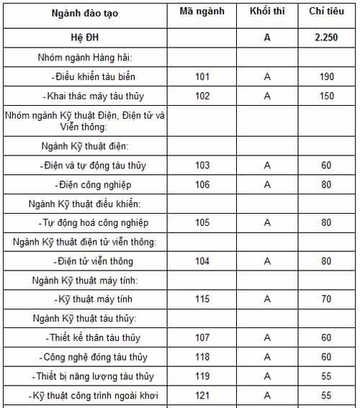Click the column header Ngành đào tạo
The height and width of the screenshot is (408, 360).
(84, 13)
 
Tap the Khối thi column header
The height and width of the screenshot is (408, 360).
(266, 12)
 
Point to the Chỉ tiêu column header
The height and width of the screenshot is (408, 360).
(326, 12)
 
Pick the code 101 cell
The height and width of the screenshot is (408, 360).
(202, 76)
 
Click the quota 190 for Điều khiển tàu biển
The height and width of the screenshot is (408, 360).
(326, 76)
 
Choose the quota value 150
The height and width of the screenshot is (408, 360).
(326, 96)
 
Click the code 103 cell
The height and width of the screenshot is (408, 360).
(202, 166)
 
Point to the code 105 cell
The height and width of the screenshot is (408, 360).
(202, 222)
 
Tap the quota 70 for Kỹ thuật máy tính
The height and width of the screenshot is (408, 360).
(326, 299)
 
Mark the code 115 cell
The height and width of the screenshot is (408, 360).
(202, 299)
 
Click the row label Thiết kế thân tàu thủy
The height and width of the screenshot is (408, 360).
(95, 337)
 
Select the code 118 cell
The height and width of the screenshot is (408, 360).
(202, 357)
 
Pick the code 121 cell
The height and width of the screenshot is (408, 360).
(202, 395)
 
